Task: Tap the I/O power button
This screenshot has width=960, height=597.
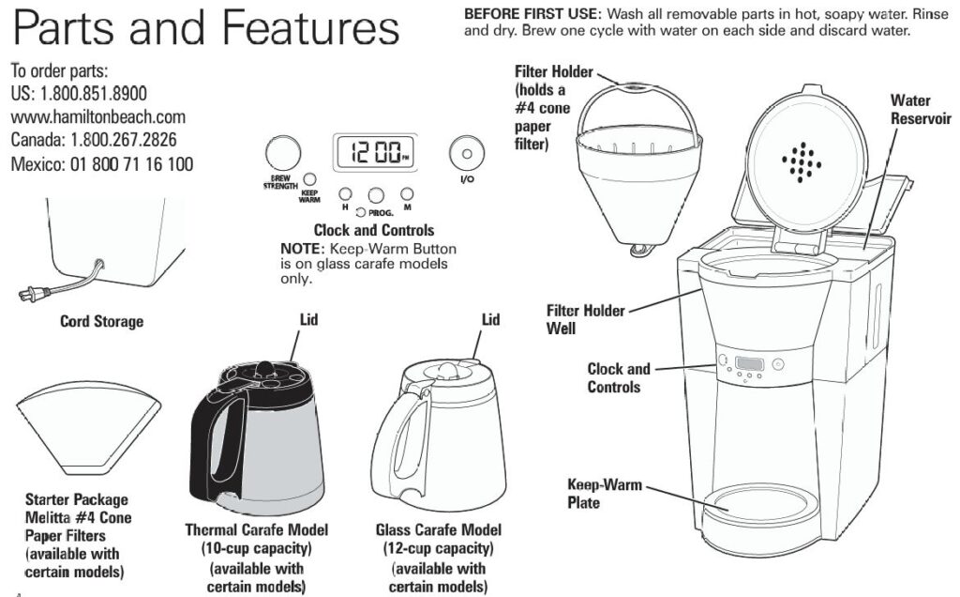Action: click(x=466, y=151)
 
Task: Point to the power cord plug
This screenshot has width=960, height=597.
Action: click(x=30, y=295)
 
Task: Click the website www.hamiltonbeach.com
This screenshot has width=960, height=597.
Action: click(x=98, y=117)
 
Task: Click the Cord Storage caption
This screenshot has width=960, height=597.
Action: click(x=101, y=322)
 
